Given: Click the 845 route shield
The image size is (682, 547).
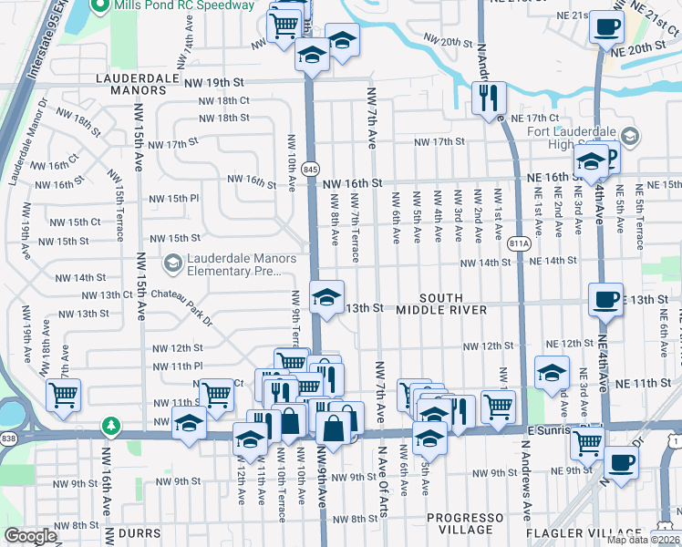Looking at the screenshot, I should coord(311,169).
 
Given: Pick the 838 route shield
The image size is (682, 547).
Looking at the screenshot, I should coord(8,439).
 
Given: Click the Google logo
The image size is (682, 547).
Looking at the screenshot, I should coord(30,537).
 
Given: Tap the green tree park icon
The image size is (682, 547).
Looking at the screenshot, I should coord(111,425).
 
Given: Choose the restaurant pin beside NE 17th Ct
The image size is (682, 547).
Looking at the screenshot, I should coord(489,97).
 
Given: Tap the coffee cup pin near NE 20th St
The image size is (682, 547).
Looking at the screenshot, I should coord(605,26).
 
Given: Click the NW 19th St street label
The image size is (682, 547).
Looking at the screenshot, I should coord(217,82).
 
